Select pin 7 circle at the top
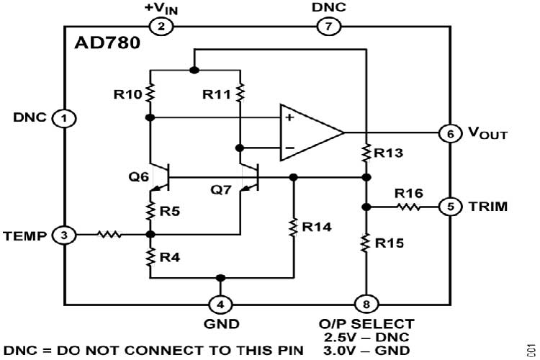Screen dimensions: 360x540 tap(328, 27)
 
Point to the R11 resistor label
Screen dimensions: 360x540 tap(217, 94)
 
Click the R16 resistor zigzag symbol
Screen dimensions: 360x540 tap(408, 207)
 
